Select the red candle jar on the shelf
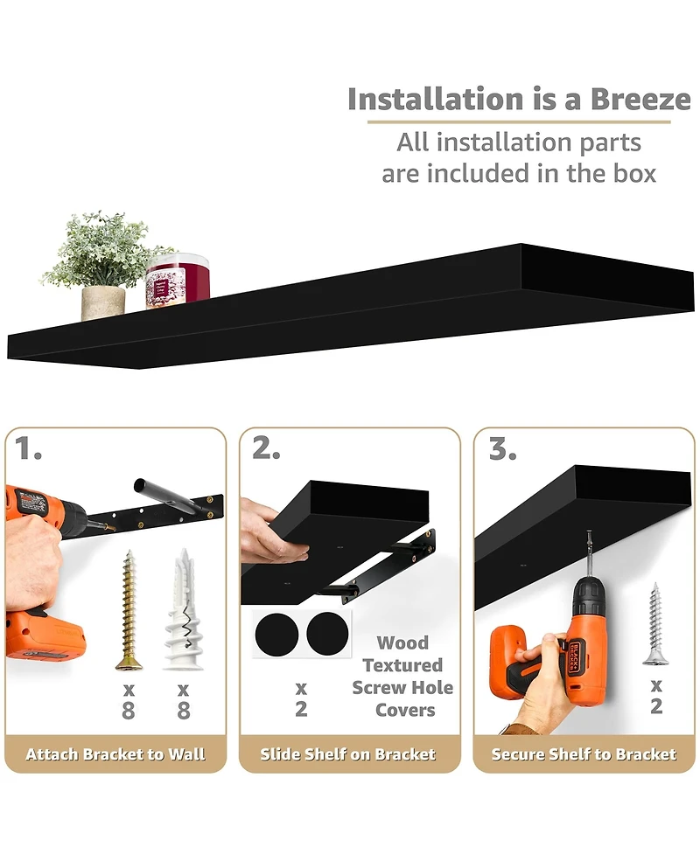pyautogui.click(x=178, y=281)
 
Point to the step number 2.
pyautogui.click(x=266, y=449)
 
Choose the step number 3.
pyautogui.click(x=502, y=449)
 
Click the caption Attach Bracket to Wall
pyautogui.click(x=115, y=754)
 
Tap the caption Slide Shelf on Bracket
pyautogui.click(x=348, y=754)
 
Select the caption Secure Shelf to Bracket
pyautogui.click(x=584, y=754)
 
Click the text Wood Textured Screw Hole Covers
pyautogui.click(x=402, y=677)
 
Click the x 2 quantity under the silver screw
pyautogui.click(x=655, y=696)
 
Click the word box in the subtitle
pyautogui.click(x=625, y=173)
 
